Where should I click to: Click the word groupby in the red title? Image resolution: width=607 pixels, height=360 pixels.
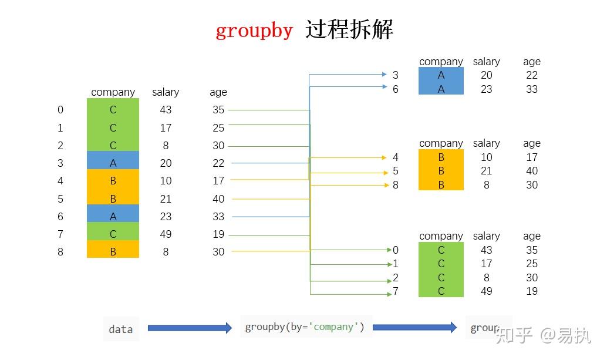pyautogui.click(x=254, y=30)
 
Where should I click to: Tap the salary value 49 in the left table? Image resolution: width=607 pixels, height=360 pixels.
pyautogui.click(x=166, y=234)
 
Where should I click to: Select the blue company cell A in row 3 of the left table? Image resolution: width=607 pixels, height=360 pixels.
pyautogui.click(x=113, y=163)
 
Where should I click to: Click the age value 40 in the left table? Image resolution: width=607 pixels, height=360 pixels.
pyautogui.click(x=218, y=198)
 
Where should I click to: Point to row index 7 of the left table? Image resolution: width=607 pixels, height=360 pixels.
pyautogui.click(x=60, y=234)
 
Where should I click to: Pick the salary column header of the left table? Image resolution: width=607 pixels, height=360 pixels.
pyautogui.click(x=166, y=92)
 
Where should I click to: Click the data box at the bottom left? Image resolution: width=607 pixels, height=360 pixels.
pyautogui.click(x=121, y=329)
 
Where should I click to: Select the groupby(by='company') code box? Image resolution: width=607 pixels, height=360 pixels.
pyautogui.click(x=305, y=327)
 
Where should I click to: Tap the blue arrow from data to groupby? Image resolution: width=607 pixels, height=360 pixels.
pyautogui.click(x=190, y=328)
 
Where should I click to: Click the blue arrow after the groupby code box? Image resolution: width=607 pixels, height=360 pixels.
pyautogui.click(x=414, y=327)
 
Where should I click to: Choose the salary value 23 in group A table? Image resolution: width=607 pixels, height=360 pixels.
pyautogui.click(x=487, y=89)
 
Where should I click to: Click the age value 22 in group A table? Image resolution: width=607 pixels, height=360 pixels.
pyautogui.click(x=532, y=75)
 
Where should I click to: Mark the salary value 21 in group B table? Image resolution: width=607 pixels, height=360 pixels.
pyautogui.click(x=487, y=171)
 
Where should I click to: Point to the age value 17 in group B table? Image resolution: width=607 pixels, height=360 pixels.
pyautogui.click(x=532, y=157)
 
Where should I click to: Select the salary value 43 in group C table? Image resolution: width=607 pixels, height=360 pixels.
pyautogui.click(x=487, y=250)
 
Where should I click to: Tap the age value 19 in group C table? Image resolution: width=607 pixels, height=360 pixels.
pyautogui.click(x=532, y=291)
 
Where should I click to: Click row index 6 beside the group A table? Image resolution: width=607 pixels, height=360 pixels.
pyautogui.click(x=396, y=89)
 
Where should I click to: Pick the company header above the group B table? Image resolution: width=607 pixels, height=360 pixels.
pyautogui.click(x=441, y=143)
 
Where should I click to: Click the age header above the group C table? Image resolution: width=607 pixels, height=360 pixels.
pyautogui.click(x=532, y=236)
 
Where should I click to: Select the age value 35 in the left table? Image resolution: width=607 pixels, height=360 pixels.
pyautogui.click(x=218, y=110)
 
